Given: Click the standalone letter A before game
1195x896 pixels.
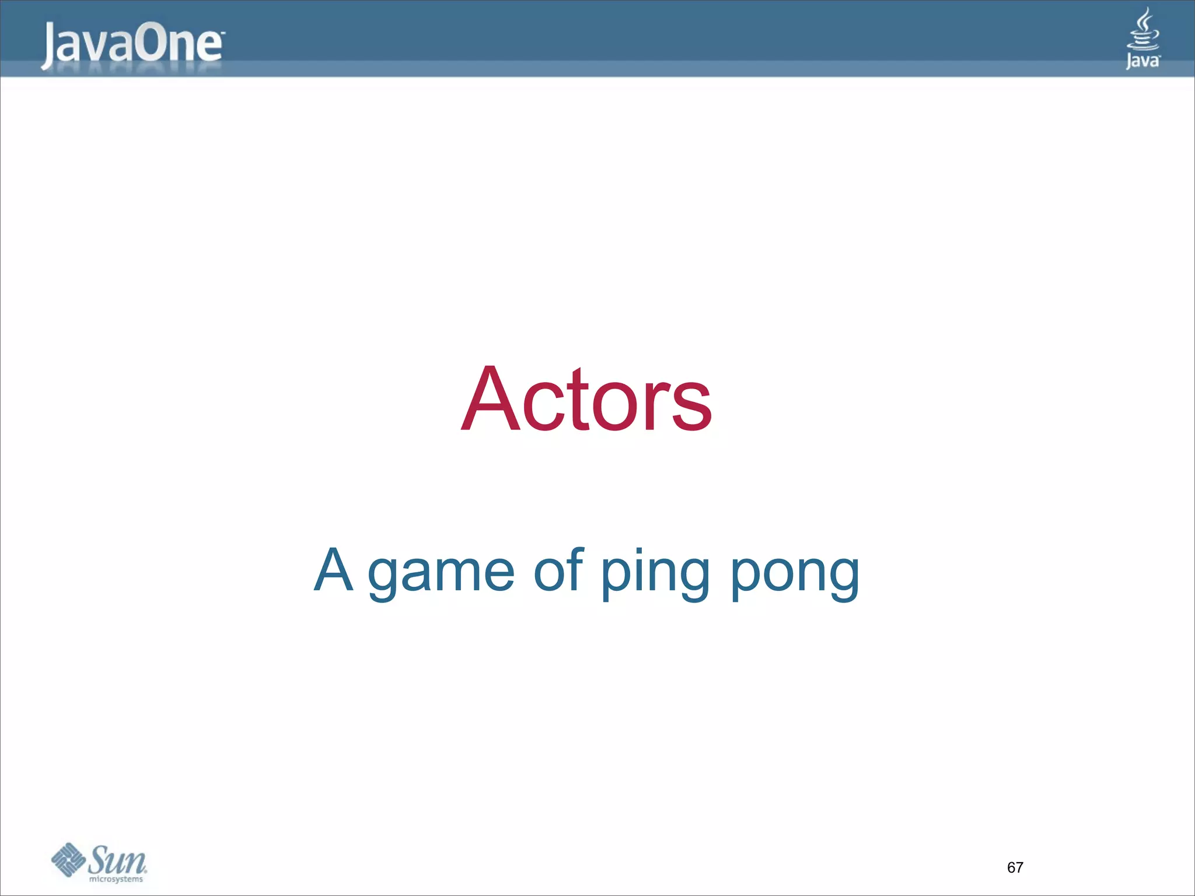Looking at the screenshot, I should pyautogui.click(x=334, y=570).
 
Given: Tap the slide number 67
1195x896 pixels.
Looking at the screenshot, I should pyautogui.click(x=1015, y=867).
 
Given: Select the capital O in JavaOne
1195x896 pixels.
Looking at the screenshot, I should pyautogui.click(x=153, y=44).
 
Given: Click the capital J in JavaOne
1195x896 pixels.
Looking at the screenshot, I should pyautogui.click(x=50, y=47).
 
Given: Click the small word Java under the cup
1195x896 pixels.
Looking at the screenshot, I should pyautogui.click(x=1142, y=61).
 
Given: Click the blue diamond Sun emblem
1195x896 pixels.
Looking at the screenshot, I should pyautogui.click(x=68, y=859).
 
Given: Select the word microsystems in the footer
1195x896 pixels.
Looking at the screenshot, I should pyautogui.click(x=116, y=879).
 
